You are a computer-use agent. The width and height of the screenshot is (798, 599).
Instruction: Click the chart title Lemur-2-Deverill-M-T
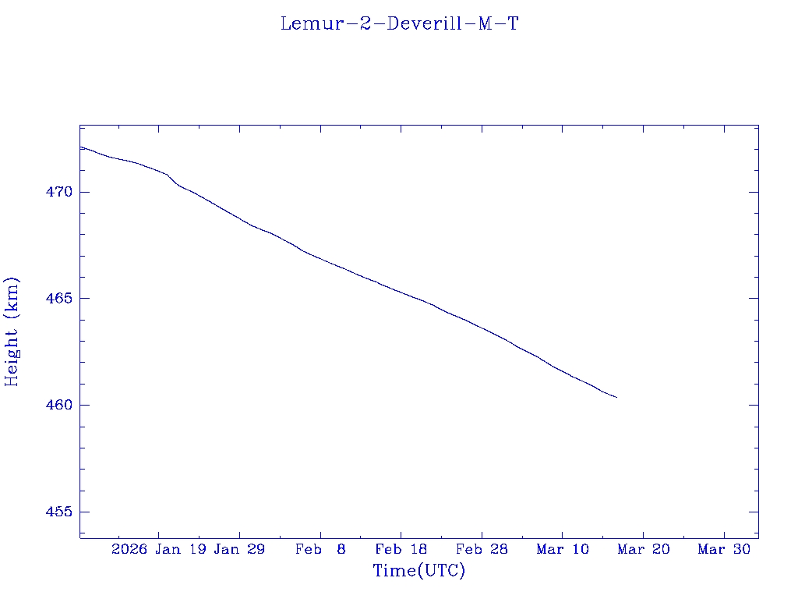point(399,24)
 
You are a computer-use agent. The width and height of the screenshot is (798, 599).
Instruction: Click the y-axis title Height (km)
point(12,331)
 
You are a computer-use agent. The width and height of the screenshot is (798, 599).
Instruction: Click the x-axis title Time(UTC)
point(418,571)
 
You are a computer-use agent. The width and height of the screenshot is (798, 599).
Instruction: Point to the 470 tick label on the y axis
point(58,192)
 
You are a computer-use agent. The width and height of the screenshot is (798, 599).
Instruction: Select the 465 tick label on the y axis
point(58,299)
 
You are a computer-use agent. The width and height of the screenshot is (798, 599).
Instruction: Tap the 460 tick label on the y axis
point(58,406)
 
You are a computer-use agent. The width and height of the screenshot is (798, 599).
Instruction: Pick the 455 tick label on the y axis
point(58,512)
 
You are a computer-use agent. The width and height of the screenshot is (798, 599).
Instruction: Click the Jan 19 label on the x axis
point(180,549)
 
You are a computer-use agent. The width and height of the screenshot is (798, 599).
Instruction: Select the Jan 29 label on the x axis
point(239,549)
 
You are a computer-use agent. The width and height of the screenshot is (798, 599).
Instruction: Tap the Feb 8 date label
point(320,549)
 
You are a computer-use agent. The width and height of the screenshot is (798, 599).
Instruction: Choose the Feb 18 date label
point(401,549)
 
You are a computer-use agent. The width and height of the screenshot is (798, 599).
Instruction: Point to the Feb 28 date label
point(482,549)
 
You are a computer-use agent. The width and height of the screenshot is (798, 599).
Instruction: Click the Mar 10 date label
point(563,549)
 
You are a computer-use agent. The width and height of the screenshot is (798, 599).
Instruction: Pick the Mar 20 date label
point(644,549)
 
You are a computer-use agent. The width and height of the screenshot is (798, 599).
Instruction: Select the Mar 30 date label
point(724,549)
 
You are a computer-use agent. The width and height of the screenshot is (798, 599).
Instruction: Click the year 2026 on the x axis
point(129,549)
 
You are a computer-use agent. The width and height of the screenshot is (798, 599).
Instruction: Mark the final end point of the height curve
point(616,398)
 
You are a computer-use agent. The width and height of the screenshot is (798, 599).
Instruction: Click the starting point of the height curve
point(80,147)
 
